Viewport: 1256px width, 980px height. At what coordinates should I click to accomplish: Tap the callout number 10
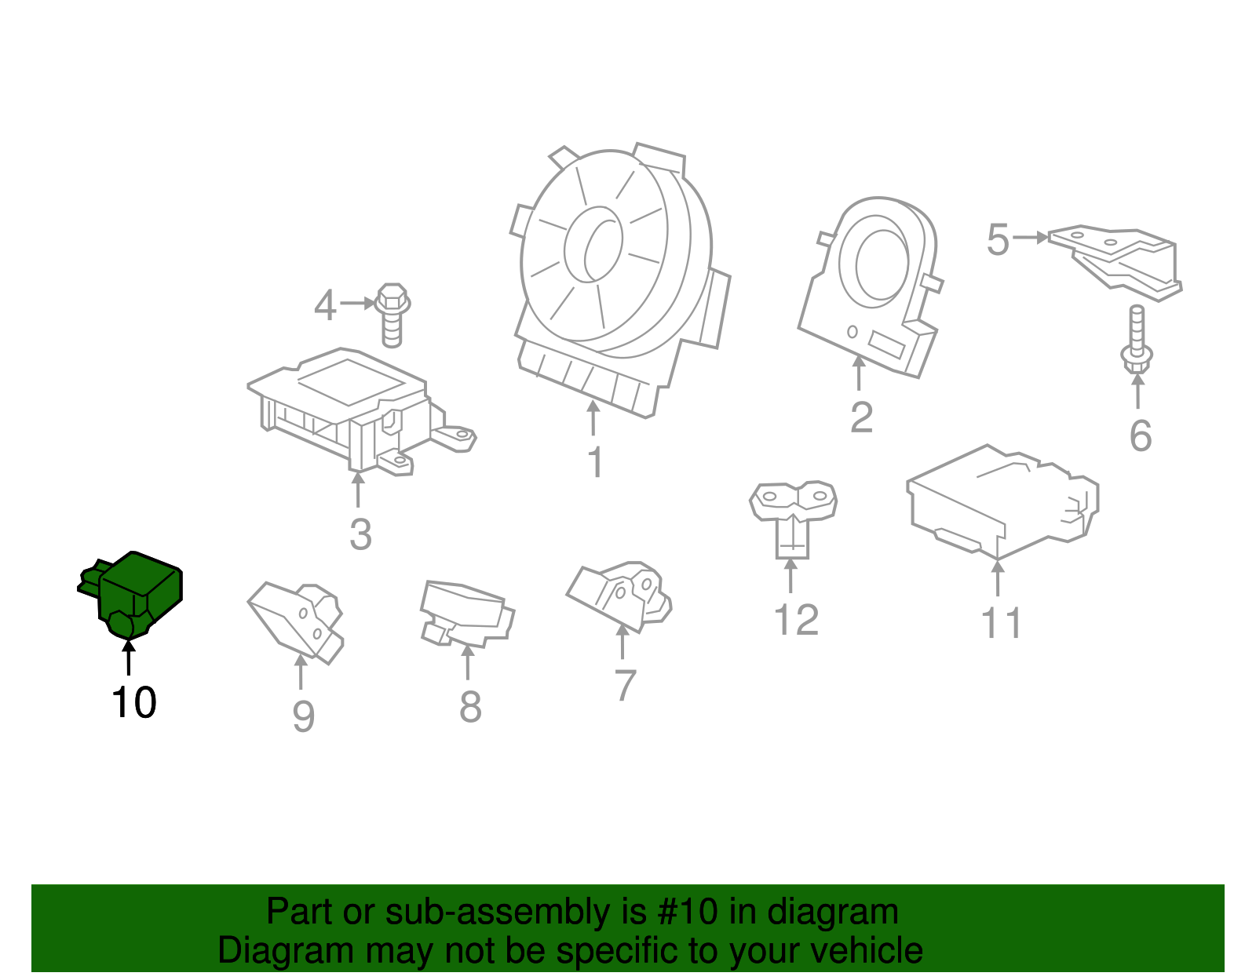click(134, 702)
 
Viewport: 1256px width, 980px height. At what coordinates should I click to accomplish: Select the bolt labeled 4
click(392, 314)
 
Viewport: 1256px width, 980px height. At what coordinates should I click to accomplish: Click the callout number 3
click(360, 535)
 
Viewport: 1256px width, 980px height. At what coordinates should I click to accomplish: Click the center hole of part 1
click(594, 244)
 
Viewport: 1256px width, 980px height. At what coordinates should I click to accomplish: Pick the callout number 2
click(861, 417)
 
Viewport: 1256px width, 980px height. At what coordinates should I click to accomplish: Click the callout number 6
click(1140, 436)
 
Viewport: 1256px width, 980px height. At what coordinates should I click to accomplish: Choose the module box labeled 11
click(1001, 502)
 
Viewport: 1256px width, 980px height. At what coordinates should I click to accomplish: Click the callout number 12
click(796, 620)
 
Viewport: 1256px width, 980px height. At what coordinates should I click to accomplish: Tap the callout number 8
click(469, 707)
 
